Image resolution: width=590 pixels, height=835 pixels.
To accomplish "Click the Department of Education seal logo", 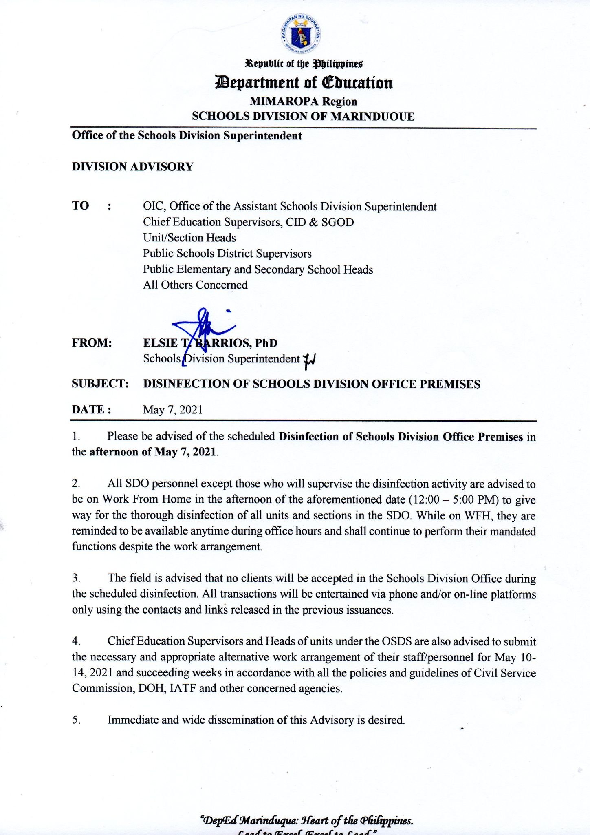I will coord(301,36).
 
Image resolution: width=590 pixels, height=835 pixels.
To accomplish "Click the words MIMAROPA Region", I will coord(303,101).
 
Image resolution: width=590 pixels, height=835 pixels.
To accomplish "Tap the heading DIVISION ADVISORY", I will coord(132,167).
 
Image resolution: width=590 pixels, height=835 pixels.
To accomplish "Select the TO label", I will coord(80,206).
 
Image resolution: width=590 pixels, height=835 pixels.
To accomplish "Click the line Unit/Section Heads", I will coord(189,238).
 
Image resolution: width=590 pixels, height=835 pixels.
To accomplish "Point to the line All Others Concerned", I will coord(195,285).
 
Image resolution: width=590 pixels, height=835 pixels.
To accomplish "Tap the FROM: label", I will coord(92,343).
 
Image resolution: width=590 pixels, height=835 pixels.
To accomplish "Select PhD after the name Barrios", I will coord(266,343).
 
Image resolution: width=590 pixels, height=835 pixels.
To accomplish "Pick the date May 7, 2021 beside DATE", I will coord(173,409).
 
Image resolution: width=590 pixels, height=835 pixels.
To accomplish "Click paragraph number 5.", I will coord(76,720).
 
